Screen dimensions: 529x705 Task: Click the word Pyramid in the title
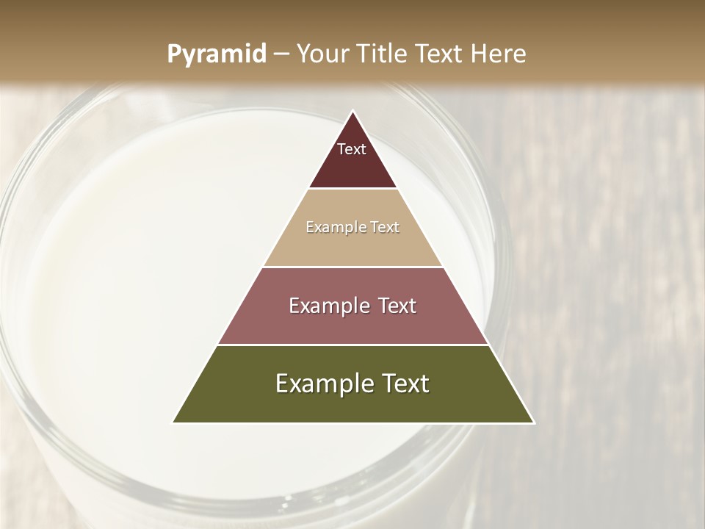coord(216,54)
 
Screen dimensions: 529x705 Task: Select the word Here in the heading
coord(499,54)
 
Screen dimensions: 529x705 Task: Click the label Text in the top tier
coord(352,149)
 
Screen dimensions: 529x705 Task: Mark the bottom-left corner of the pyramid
coord(173,422)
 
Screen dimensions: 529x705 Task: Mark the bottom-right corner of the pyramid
coord(534,422)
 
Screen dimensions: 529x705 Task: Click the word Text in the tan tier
coord(385,228)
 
